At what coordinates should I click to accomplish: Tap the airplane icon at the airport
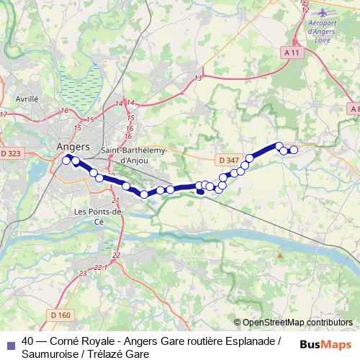tap(322, 12)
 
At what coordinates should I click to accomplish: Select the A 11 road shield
tap(292, 53)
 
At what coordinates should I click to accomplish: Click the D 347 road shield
tap(227, 160)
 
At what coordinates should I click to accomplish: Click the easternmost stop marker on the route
tap(293, 150)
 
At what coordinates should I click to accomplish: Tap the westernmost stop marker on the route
tap(66, 161)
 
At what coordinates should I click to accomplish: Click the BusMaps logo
tap(325, 344)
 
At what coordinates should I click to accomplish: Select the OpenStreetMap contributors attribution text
tap(297, 323)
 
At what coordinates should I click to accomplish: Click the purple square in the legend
tap(10, 342)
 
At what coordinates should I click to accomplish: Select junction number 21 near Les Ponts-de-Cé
tap(115, 199)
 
